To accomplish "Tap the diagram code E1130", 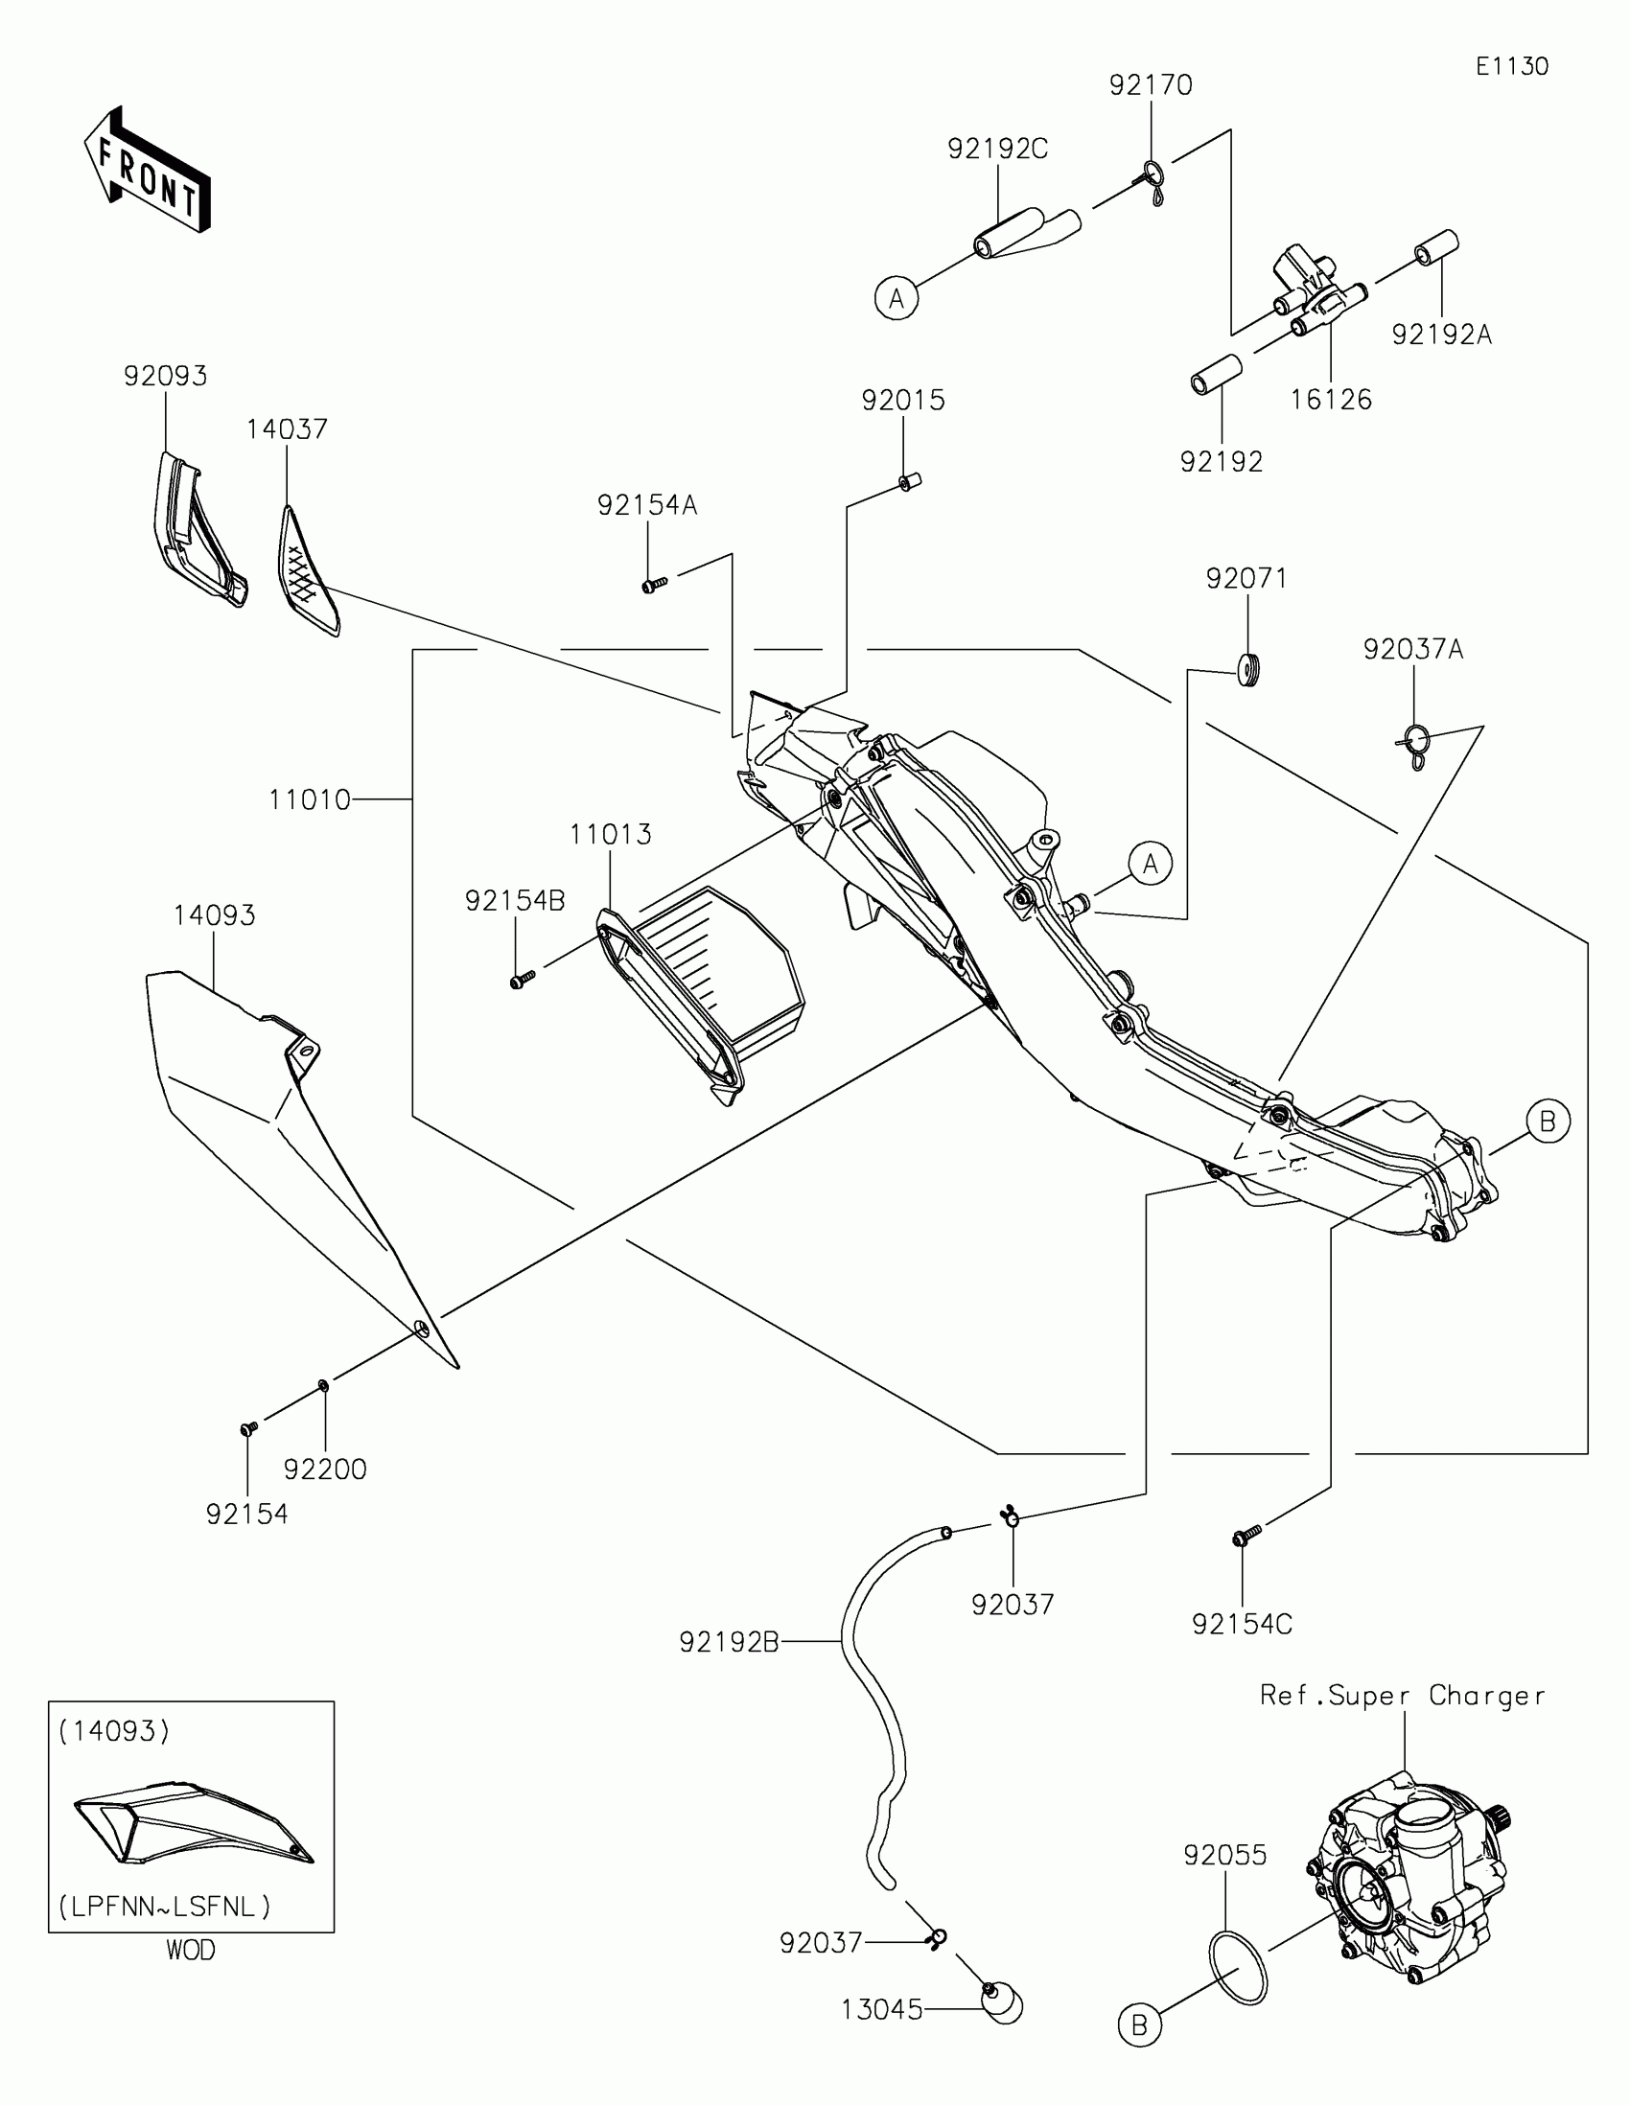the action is [1511, 66].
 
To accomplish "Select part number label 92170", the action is [1150, 85].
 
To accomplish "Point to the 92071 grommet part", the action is [1249, 669].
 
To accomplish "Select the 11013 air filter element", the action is [701, 993].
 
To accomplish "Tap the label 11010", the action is [310, 800].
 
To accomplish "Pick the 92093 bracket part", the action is [198, 530].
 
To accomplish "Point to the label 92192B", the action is [729, 1641].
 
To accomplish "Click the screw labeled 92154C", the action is [1246, 1535].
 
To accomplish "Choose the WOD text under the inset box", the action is [191, 1950].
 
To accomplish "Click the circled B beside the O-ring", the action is [1139, 2025].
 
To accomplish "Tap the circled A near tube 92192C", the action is [896, 299].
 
